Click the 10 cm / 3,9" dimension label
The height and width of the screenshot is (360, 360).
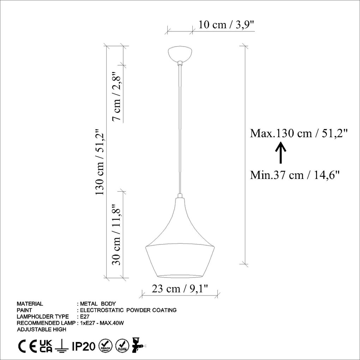click(x=226, y=25)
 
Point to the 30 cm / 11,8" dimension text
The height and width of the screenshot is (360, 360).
click(x=117, y=235)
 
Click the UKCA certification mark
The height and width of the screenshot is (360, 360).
click(x=46, y=346)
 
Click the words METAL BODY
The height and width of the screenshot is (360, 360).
click(x=98, y=304)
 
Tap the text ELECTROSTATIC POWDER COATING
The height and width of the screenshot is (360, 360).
click(x=128, y=310)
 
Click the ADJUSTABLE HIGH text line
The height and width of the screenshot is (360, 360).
click(x=41, y=329)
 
